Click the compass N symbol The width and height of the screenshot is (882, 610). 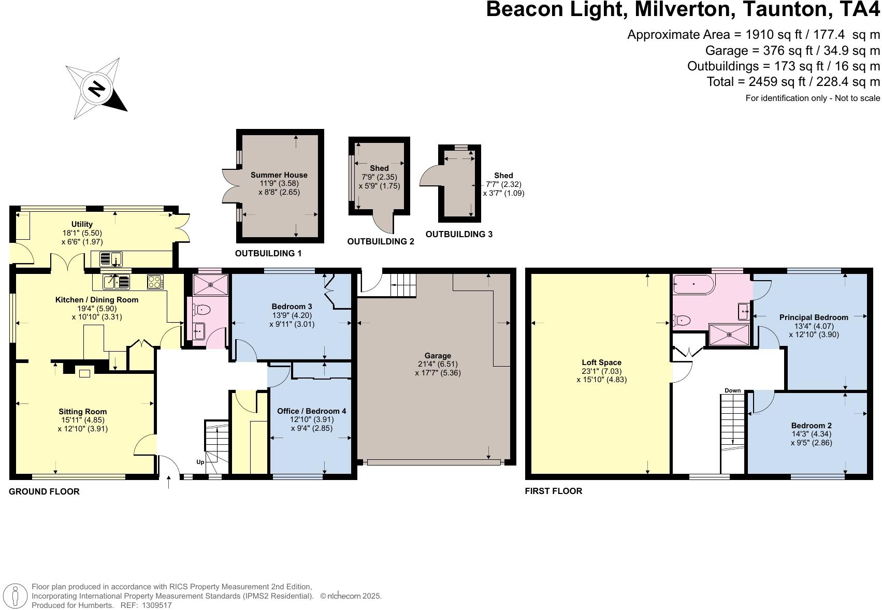(96, 90)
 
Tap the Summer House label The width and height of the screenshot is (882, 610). (279, 175)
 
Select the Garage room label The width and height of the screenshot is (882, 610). (438, 356)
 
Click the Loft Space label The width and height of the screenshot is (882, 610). (601, 362)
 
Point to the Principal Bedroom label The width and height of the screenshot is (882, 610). (813, 317)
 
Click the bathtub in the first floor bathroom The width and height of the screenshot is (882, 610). (693, 284)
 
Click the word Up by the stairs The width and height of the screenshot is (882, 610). (200, 462)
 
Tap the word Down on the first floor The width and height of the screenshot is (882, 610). (732, 390)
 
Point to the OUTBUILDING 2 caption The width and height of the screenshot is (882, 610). (380, 242)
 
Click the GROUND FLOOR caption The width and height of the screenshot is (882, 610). (44, 491)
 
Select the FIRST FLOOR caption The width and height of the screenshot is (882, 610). (553, 491)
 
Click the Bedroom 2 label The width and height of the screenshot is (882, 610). (811, 426)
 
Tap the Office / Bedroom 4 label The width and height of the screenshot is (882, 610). (311, 411)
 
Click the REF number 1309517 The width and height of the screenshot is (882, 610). (153, 605)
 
